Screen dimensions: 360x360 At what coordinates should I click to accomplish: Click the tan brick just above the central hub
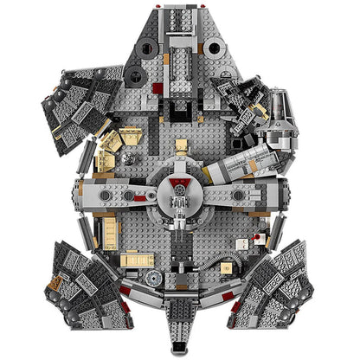tap(180, 148)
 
